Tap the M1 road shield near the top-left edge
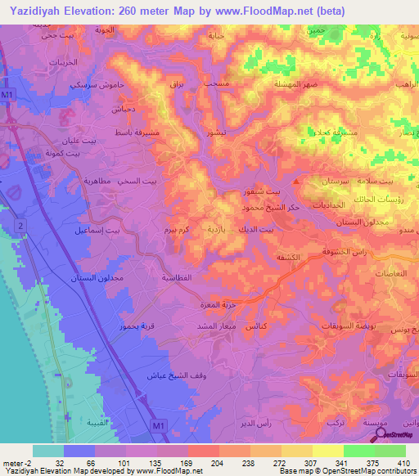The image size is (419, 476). [x=7, y=95]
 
